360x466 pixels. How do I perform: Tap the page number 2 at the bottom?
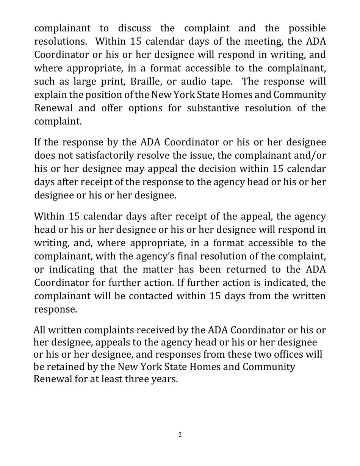click(x=180, y=435)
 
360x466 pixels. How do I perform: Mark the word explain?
click(x=49, y=95)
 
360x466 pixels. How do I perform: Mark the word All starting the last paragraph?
click(x=40, y=330)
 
